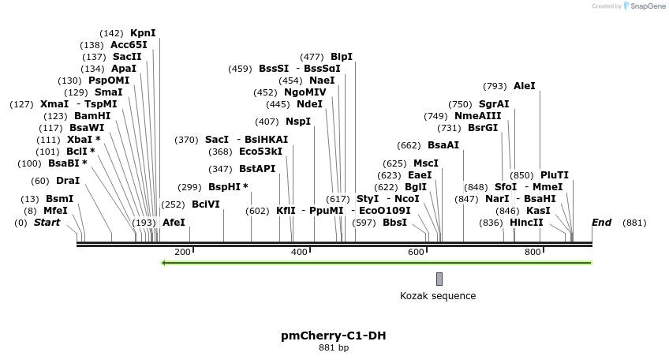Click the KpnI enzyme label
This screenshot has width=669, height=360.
point(143,33)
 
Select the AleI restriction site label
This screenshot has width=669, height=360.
point(524,86)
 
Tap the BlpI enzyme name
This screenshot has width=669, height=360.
point(342,57)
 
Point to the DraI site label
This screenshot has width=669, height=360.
point(68,181)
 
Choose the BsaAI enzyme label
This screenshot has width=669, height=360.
point(443,145)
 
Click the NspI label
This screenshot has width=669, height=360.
point(298,122)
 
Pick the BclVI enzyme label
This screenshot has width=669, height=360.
point(206,204)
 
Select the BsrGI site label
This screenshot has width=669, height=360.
point(483,128)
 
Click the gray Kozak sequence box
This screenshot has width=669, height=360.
point(439,279)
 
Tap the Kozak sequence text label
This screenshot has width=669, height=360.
point(438,296)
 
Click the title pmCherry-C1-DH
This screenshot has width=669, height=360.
point(334,336)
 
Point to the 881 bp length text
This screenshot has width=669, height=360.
point(334,347)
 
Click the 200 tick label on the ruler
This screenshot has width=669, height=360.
point(182,252)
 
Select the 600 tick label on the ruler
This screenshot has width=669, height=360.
point(416,252)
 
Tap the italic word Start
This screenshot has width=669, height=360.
point(47,223)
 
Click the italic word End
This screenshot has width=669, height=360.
point(601,223)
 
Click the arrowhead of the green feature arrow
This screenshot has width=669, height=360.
point(163,263)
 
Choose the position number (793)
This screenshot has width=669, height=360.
point(495,86)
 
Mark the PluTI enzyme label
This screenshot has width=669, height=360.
point(555,175)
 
